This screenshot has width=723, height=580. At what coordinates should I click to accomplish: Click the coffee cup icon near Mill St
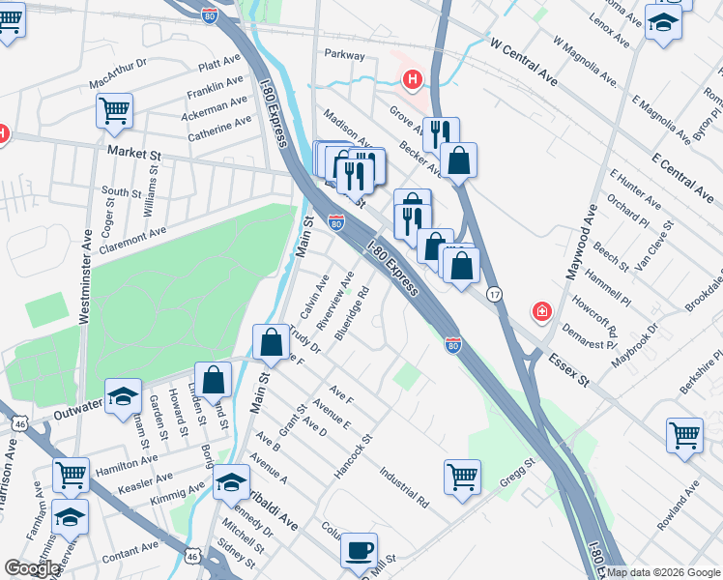(360, 550)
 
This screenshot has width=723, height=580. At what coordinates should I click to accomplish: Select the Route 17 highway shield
(494, 294)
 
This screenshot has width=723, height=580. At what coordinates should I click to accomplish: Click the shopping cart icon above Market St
(114, 110)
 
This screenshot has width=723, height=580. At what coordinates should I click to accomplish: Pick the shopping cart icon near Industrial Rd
(462, 476)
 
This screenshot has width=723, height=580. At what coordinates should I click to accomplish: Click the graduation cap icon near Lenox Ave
(664, 23)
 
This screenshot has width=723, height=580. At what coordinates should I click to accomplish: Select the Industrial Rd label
(403, 489)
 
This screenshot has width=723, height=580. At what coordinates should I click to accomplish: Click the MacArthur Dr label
(117, 72)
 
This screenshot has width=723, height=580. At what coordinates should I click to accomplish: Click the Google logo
(32, 568)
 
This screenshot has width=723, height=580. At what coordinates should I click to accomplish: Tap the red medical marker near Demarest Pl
(542, 312)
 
